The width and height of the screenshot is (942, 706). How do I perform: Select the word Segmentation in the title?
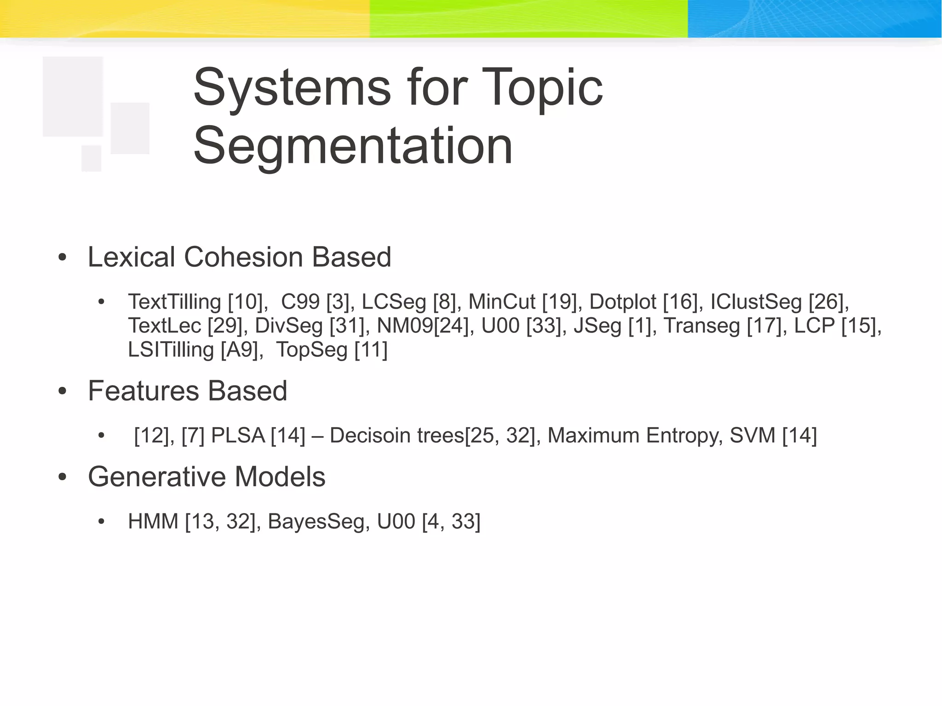(353, 146)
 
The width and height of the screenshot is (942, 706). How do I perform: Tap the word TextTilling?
(174, 302)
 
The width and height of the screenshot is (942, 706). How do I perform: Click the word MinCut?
(502, 302)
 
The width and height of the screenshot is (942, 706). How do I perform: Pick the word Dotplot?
(623, 302)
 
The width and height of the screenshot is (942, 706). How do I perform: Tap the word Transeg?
(701, 326)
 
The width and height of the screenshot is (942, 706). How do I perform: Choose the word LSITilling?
(171, 350)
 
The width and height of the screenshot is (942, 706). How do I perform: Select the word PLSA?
(238, 436)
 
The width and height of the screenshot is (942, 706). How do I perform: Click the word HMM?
(153, 522)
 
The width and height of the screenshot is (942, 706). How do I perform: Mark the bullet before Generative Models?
(63, 477)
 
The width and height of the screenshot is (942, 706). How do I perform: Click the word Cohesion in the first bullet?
(244, 257)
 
